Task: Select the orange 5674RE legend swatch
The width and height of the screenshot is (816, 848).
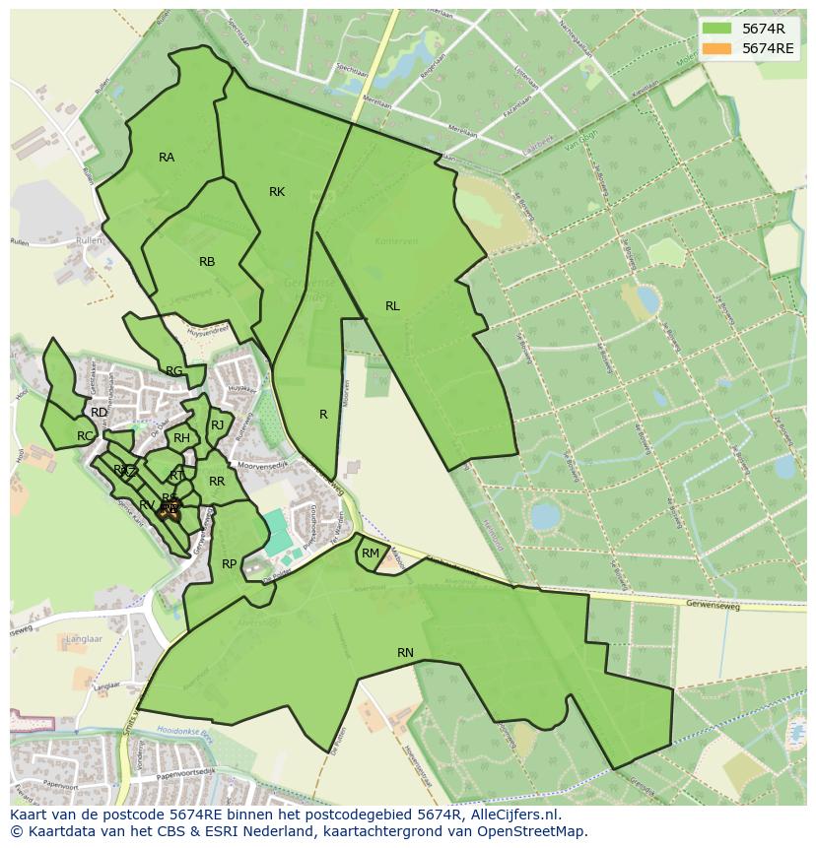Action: (x=716, y=47)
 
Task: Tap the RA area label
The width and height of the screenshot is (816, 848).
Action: (x=167, y=158)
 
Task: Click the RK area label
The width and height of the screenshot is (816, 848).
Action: (x=277, y=192)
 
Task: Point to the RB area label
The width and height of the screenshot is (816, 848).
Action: (x=207, y=262)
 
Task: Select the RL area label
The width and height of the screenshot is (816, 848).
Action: (x=392, y=306)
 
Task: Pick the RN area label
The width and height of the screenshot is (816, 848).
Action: (x=405, y=653)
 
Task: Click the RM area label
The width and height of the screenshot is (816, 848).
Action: (x=371, y=554)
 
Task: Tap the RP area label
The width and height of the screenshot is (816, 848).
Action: (x=229, y=564)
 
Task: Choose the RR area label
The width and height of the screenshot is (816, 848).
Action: (x=217, y=482)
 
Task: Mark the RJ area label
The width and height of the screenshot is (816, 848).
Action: (x=218, y=425)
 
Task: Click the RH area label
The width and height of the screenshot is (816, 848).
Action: (x=181, y=438)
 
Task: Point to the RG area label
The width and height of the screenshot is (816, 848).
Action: (x=173, y=371)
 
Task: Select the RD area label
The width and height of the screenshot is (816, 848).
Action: (x=99, y=413)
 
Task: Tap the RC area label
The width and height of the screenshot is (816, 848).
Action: (x=85, y=436)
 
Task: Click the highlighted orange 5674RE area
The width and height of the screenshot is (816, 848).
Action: (x=169, y=510)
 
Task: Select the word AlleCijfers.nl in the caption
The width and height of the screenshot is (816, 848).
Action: (x=513, y=815)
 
